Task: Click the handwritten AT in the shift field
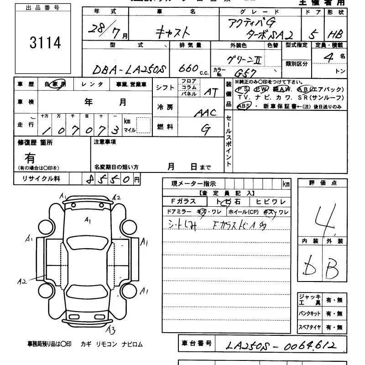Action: pyautogui.click(x=210, y=92)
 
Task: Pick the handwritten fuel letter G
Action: pyautogui.click(x=206, y=130)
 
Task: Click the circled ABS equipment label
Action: pyautogui.click(x=244, y=106)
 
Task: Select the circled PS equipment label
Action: pyautogui.click(x=243, y=89)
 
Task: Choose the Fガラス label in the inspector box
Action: pyautogui.click(x=183, y=201)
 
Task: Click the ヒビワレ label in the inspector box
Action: pyautogui.click(x=271, y=201)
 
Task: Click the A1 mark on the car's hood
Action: pyautogui.click(x=88, y=220)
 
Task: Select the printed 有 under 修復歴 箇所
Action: pyautogui.click(x=30, y=158)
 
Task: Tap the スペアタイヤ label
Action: pyautogui.click(x=310, y=327)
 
